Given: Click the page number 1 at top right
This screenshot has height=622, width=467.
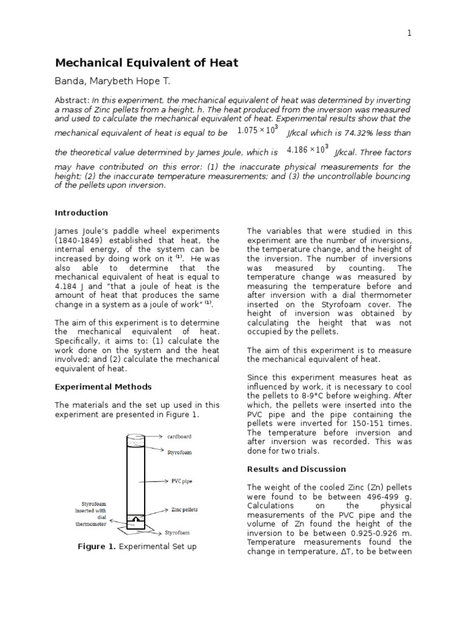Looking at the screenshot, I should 409,33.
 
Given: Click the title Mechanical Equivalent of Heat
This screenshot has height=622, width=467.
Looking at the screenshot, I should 147,63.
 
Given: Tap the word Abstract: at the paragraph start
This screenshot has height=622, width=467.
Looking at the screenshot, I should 72,100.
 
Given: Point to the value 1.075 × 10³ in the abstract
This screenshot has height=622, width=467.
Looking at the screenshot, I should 257,130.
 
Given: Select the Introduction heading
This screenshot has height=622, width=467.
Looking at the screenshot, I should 81,213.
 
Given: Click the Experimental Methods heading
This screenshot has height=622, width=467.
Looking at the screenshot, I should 103,386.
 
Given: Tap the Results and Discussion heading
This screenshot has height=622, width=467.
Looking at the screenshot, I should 296,469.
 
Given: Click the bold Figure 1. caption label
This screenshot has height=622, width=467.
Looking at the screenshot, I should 97,547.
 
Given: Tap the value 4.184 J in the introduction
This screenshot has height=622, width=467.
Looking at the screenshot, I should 69,285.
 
